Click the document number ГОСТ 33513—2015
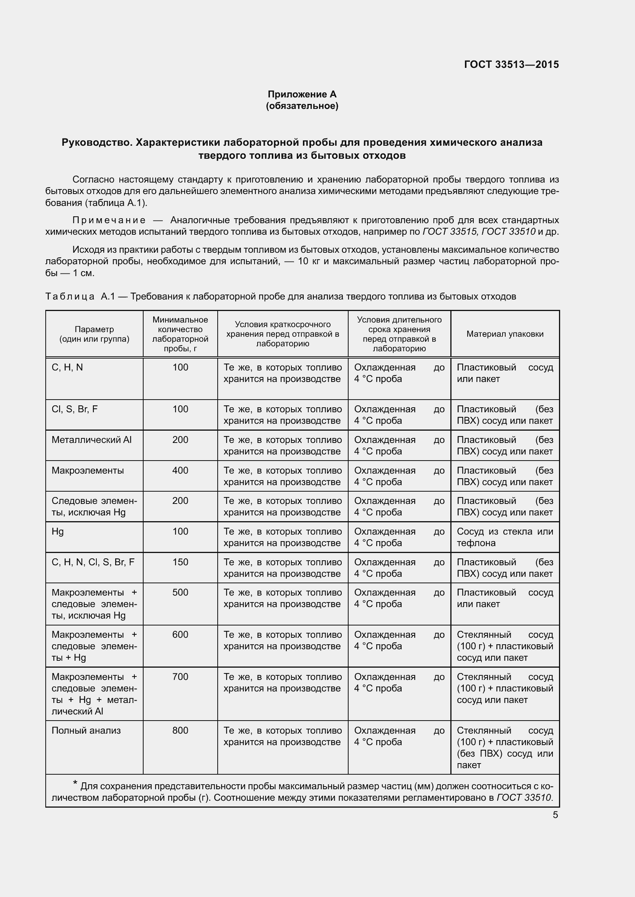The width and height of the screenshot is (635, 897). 511,64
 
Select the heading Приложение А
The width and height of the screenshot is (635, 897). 302,94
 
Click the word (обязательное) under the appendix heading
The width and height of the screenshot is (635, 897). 302,106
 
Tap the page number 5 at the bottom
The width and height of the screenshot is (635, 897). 555,815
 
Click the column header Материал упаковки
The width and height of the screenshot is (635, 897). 505,334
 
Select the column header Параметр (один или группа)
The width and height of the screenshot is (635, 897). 94,334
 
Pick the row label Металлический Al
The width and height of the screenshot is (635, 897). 91,440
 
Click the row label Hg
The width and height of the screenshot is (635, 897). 58,532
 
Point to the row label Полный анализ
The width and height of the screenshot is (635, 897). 86,731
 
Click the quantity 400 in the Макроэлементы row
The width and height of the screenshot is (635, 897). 180,471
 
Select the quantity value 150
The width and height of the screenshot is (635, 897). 180,562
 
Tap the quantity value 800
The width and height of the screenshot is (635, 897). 180,731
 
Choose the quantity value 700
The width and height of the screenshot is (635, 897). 180,676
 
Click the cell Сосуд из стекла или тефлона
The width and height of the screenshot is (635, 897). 505,537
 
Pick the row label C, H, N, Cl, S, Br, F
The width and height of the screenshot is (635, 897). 93,562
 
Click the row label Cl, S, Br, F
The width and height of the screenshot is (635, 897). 75,410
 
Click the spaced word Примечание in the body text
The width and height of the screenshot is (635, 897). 109,221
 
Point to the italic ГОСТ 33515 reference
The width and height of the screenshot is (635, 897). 450,232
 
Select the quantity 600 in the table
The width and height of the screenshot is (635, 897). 180,635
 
